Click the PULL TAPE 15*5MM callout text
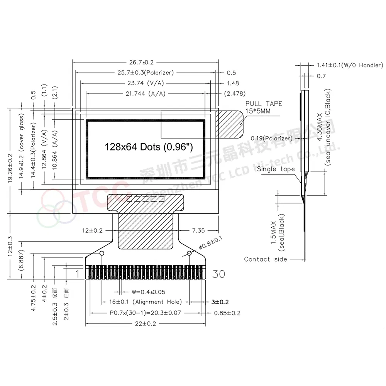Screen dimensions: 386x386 pyautogui.click(x=264, y=107)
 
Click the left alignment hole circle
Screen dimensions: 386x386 pyautogui.click(x=102, y=253)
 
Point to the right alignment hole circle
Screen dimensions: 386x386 pyautogui.click(x=189, y=253)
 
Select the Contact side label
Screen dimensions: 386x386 pyautogui.click(x=266, y=259)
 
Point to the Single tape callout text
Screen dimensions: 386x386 pyautogui.click(x=276, y=169)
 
